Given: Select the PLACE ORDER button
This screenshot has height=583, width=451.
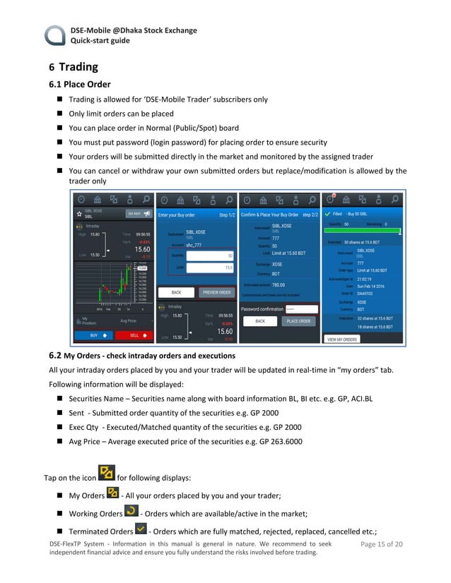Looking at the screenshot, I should pos(298,321).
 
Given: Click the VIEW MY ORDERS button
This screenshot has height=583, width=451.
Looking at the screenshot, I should pos(342,339).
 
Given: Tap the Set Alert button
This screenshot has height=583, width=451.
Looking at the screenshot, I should pos(139,213).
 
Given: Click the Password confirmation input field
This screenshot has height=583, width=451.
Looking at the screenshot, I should pos(300,308).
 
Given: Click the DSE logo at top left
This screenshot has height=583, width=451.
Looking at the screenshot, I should pos(55,35).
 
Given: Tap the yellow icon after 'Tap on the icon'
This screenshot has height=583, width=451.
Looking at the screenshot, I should pos(106,473).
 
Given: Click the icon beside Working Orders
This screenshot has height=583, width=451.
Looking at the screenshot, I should pos(131,511).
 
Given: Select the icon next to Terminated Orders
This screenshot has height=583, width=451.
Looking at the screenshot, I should pos(140,529).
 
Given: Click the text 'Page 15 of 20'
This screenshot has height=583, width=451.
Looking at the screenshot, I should pos(381,544).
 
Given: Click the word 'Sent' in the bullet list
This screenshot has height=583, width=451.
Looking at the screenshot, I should pos(76,413).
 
